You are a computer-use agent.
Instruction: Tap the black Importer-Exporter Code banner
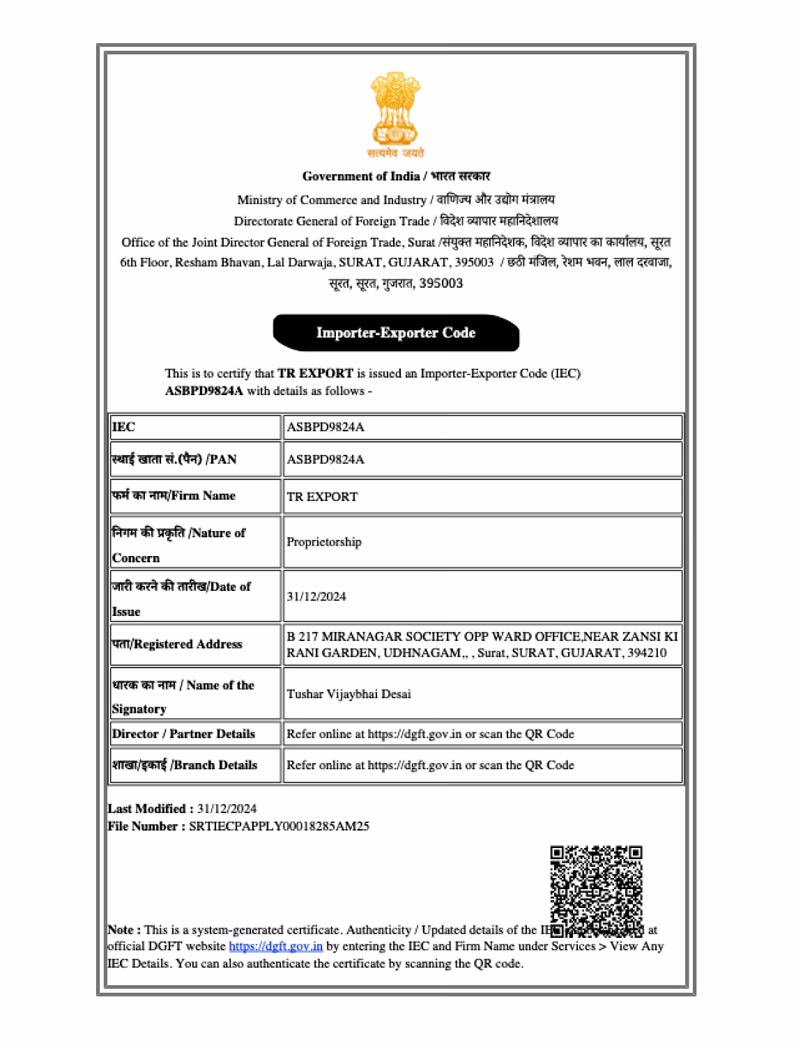[x=396, y=332]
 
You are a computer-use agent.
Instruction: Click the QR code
[x=596, y=890]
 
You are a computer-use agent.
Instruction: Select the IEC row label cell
[x=194, y=427]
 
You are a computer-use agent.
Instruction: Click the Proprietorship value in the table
[x=324, y=542]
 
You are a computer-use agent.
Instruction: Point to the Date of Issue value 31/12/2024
[x=316, y=596]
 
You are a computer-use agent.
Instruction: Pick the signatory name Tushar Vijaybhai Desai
[x=349, y=694]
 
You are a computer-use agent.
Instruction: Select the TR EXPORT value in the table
[x=322, y=497]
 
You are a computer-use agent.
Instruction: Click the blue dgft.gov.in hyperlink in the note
[x=275, y=946]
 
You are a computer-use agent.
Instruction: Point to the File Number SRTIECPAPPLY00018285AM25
[x=279, y=826]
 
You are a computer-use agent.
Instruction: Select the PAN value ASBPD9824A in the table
[x=326, y=460]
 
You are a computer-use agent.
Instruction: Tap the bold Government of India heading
[x=360, y=176]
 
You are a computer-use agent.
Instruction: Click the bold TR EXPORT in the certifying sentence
[x=315, y=373]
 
